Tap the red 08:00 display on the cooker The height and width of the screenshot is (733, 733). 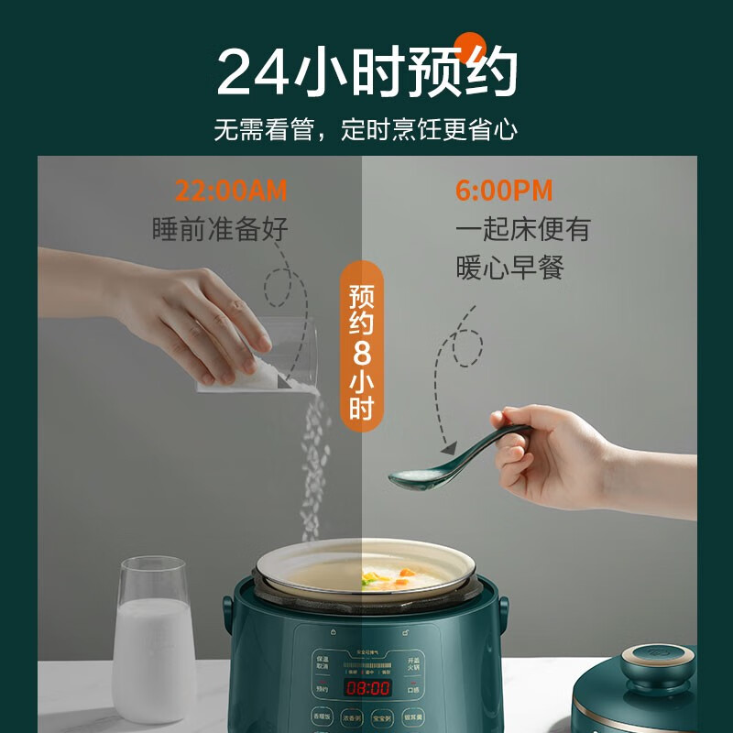(366, 687)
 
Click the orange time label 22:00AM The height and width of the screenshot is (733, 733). (231, 191)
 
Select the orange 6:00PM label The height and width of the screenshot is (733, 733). (504, 191)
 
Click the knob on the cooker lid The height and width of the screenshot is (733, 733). (653, 670)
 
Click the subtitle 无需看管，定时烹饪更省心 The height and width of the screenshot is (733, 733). (366, 129)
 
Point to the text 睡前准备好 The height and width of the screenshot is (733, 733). (220, 228)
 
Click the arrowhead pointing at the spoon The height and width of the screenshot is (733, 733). (448, 449)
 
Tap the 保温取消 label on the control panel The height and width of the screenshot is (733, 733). (322, 662)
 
